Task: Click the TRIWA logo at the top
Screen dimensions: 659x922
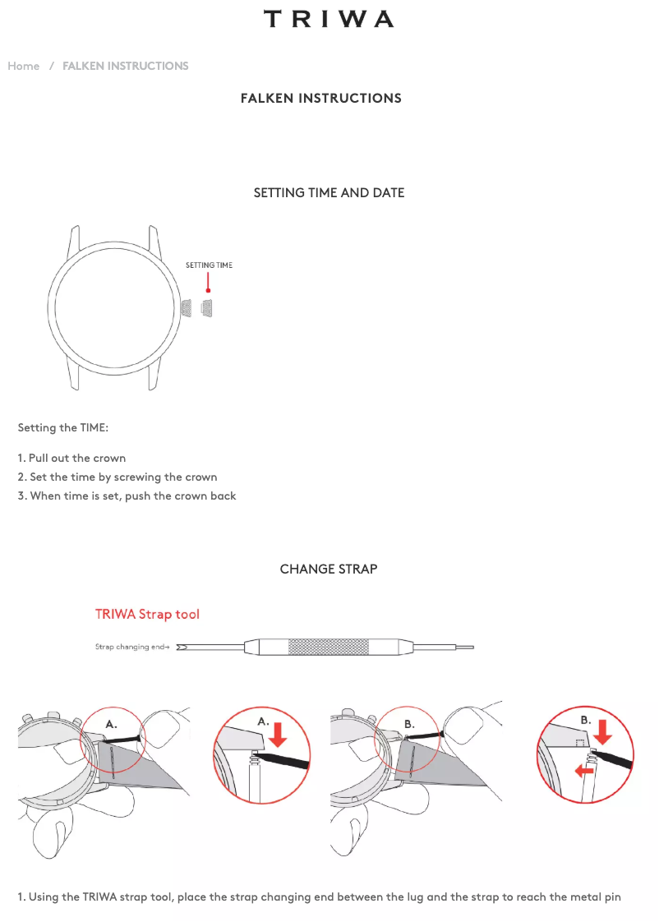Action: tap(329, 19)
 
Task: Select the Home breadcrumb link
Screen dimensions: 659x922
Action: tap(24, 66)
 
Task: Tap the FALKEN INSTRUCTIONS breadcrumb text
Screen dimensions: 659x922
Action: tap(125, 66)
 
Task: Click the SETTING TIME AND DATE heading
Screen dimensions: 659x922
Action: tap(329, 193)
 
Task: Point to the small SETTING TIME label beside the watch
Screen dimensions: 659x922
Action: tap(209, 265)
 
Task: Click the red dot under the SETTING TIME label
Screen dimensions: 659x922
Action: tap(208, 290)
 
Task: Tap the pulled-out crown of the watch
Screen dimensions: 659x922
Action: tap(206, 308)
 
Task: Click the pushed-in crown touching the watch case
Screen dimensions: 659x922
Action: tap(187, 308)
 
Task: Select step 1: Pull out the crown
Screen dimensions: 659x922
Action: tap(71, 458)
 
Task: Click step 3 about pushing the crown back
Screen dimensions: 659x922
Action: tap(127, 496)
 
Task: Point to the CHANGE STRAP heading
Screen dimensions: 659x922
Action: tap(329, 569)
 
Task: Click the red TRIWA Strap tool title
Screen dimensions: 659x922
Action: tap(148, 615)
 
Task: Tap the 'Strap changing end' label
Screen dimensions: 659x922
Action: tap(132, 647)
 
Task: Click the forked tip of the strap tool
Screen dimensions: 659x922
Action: tap(182, 648)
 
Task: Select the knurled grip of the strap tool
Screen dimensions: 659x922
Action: tap(328, 648)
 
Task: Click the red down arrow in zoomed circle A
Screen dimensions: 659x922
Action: tap(278, 735)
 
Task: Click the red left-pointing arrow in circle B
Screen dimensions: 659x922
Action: tap(584, 770)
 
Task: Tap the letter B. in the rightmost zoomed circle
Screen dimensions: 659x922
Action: tap(586, 720)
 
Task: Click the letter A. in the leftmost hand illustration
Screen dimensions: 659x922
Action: tap(111, 725)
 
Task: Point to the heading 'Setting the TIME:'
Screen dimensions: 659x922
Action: tap(63, 427)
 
